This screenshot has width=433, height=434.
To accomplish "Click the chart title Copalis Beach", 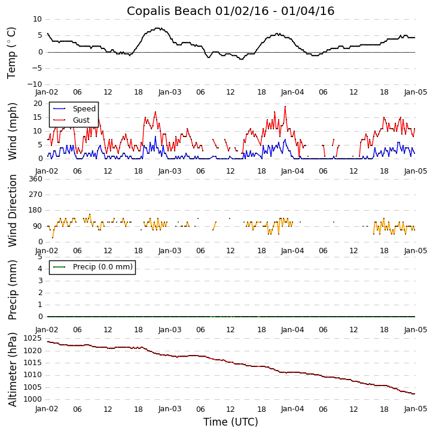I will click(x=230, y=11).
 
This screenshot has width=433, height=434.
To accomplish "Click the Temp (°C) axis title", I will click(x=12, y=52).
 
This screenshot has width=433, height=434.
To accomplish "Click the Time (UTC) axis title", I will click(x=230, y=422).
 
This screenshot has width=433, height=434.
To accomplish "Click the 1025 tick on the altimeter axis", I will click(x=33, y=339).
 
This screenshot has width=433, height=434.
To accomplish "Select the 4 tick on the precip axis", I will click(x=40, y=269).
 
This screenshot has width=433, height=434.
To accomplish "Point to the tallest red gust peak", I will click(x=285, y=107).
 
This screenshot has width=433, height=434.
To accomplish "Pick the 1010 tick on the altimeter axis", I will click(x=33, y=375).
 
